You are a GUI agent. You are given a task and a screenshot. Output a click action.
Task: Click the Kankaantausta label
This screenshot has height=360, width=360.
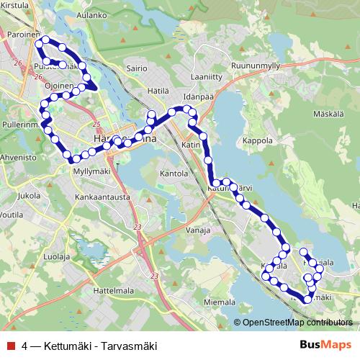(102, 196)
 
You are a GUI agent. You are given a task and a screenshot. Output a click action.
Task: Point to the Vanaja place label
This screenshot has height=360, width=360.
(197, 230)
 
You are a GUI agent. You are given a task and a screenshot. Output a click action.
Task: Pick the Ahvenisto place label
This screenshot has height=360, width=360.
(18, 156)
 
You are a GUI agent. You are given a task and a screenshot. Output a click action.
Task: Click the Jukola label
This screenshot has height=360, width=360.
(28, 195)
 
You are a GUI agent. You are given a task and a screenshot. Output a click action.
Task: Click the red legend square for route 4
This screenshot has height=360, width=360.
(11, 345)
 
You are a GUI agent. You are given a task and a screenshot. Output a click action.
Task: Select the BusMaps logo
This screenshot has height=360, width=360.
(325, 345)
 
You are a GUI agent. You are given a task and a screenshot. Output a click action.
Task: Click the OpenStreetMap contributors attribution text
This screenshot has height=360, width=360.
(297, 323)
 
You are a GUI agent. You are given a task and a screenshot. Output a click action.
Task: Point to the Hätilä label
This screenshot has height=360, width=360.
(157, 91)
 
